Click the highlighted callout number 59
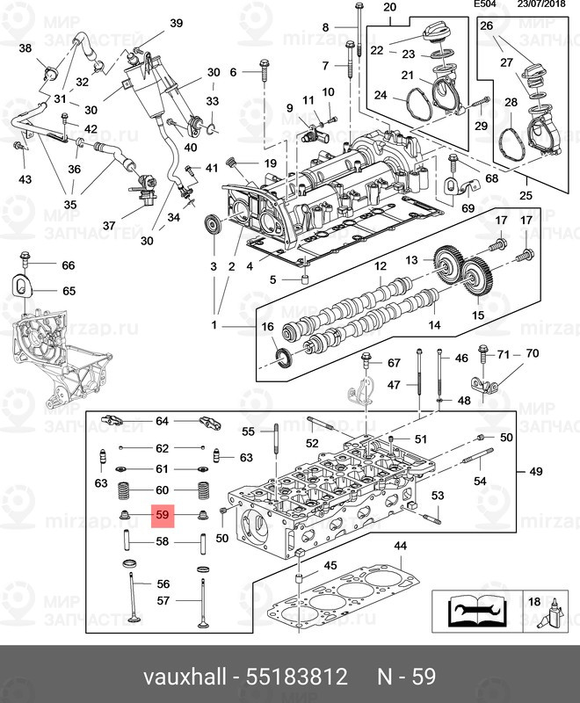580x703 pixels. click(162, 515)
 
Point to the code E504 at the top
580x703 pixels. click(485, 4)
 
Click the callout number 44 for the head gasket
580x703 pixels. click(401, 547)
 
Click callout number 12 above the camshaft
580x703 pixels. click(381, 266)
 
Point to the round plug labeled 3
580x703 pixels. click(212, 226)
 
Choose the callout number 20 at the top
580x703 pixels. click(391, 8)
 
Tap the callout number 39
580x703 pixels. click(176, 22)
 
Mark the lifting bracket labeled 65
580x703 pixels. click(22, 286)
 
